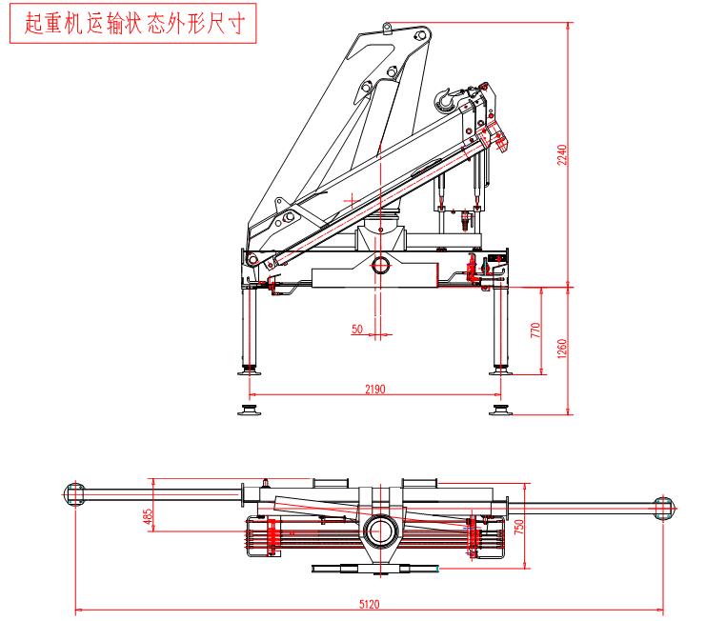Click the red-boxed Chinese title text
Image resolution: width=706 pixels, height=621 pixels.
tap(134, 23)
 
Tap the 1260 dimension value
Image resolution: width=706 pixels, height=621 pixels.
tap(562, 349)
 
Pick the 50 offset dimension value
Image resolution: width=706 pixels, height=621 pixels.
tap(357, 329)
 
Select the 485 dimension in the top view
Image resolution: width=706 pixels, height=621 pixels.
tap(148, 515)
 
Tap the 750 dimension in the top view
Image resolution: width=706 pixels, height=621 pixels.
tap(520, 528)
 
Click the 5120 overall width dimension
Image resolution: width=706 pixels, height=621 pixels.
tap(368, 603)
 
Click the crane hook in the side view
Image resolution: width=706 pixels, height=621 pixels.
tap(445, 97)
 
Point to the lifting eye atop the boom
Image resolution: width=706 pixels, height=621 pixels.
tap(387, 29)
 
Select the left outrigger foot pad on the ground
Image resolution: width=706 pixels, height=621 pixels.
tap(252, 410)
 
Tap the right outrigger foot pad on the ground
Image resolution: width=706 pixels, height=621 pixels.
tap(499, 410)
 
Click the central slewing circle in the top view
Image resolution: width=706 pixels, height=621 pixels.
tap(381, 528)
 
